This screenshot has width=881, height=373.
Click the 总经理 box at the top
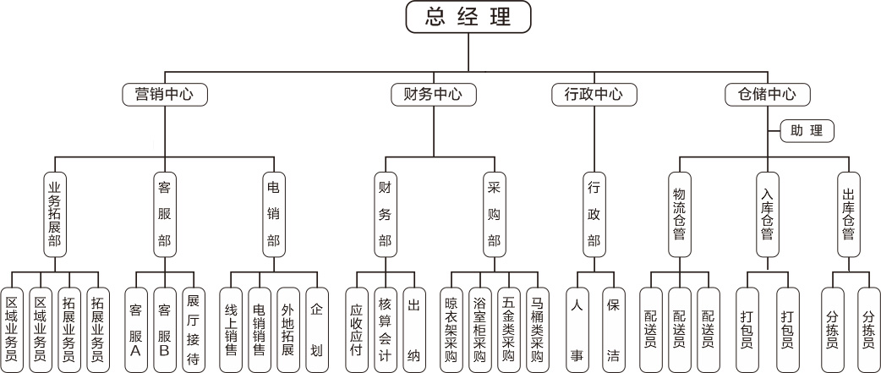pyautogui.click(x=468, y=17)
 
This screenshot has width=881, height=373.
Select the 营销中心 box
pyautogui.click(x=165, y=93)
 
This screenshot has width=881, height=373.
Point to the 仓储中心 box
pyautogui.click(x=768, y=93)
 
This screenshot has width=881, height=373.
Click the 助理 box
pyautogui.click(x=807, y=131)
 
